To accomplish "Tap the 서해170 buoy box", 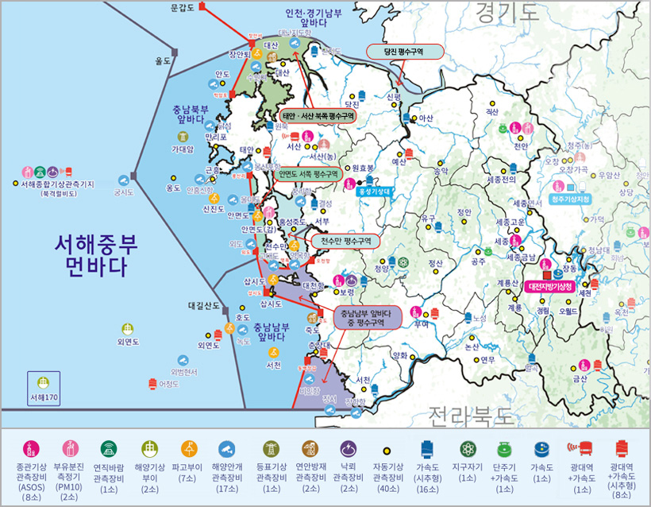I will [42, 389].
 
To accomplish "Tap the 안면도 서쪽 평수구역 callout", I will [308, 173].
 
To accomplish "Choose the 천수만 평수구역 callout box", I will [345, 239].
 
